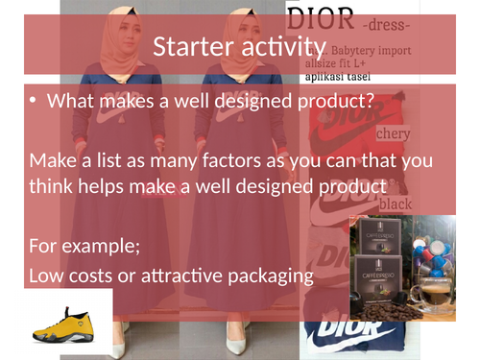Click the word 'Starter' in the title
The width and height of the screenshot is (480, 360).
[195, 47]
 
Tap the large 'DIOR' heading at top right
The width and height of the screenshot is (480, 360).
[321, 18]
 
